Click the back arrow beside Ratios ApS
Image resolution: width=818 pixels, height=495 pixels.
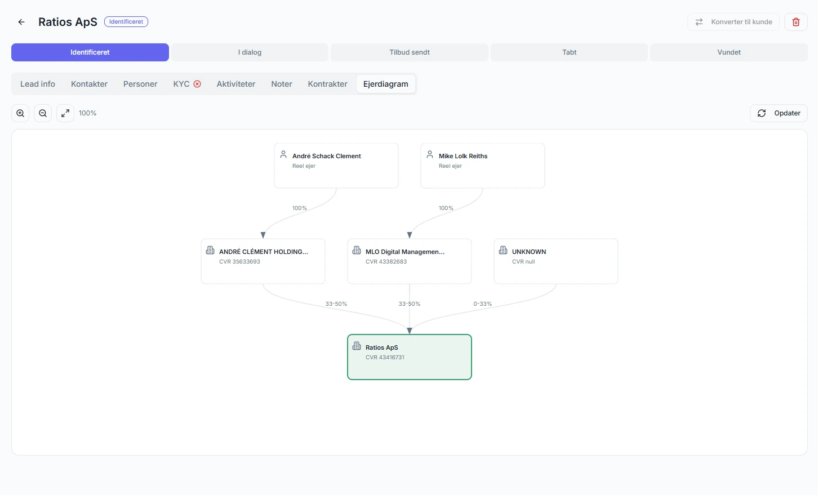click(21, 22)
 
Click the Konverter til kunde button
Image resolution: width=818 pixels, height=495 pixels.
click(733, 22)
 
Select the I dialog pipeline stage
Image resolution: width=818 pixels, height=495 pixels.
click(250, 52)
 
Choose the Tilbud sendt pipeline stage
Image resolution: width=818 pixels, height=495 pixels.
click(410, 52)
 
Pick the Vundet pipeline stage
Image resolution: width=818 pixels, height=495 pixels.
click(729, 52)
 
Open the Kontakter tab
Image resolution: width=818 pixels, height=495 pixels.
click(89, 84)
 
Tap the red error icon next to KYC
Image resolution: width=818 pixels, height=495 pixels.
click(197, 84)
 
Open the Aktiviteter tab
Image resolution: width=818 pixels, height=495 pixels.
click(236, 84)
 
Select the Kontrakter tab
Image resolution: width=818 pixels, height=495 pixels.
click(327, 84)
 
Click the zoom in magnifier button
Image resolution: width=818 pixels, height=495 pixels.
click(20, 113)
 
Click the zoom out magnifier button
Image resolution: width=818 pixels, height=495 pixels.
click(43, 113)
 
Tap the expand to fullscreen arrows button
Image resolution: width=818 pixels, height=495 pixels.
click(65, 113)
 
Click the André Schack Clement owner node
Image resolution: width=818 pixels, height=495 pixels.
click(336, 166)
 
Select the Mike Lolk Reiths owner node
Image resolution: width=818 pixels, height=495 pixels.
click(483, 166)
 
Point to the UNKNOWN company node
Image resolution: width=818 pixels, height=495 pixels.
click(556, 261)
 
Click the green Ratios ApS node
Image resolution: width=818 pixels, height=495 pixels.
click(410, 357)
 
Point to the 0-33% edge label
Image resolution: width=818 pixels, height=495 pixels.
click(482, 304)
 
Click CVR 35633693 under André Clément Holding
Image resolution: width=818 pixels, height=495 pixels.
click(239, 261)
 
